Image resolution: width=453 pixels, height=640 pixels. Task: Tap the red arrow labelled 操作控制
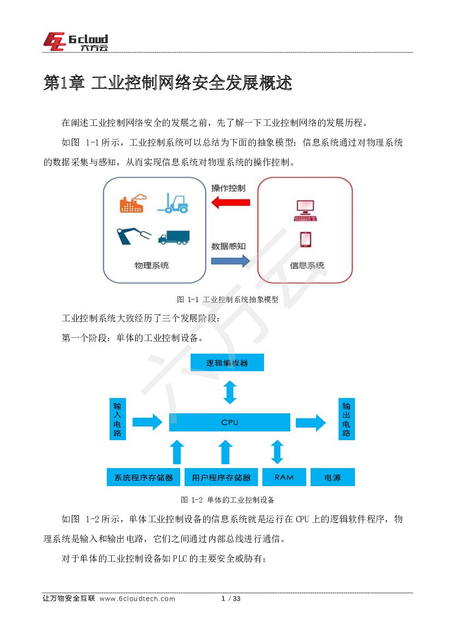tap(230, 203)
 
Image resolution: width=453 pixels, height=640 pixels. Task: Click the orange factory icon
tap(131, 203)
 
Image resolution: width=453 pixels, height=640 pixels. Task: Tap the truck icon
tap(174, 237)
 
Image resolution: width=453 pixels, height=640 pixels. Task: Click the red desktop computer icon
tap(305, 210)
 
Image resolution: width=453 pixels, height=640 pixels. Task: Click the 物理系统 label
tap(152, 266)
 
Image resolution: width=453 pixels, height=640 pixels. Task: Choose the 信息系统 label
tap(307, 266)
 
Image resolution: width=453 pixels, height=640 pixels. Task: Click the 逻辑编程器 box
tap(227, 362)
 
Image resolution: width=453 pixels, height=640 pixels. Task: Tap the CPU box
tap(230, 422)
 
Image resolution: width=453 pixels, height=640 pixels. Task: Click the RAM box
tap(284, 477)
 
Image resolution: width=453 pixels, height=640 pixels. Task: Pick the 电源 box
tap(332, 477)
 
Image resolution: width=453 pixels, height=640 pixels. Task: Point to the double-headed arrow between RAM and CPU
tap(277, 452)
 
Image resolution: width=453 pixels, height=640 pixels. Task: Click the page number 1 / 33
tap(231, 598)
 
